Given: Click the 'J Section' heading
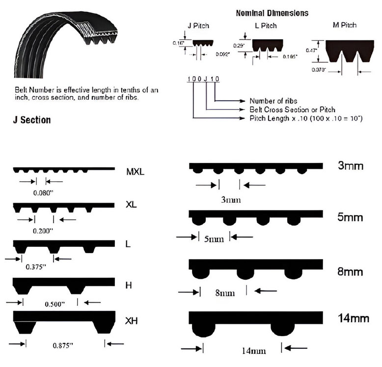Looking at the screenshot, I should point(32,120).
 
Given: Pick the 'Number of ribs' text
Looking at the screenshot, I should point(273,101).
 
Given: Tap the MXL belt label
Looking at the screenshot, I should point(135,172).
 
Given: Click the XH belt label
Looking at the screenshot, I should point(131,321).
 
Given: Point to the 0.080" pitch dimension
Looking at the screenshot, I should point(43,193).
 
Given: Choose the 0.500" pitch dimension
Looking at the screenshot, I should point(55,304).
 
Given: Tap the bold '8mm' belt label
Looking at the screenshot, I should point(350,271).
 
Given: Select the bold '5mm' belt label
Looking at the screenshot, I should point(350,217).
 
